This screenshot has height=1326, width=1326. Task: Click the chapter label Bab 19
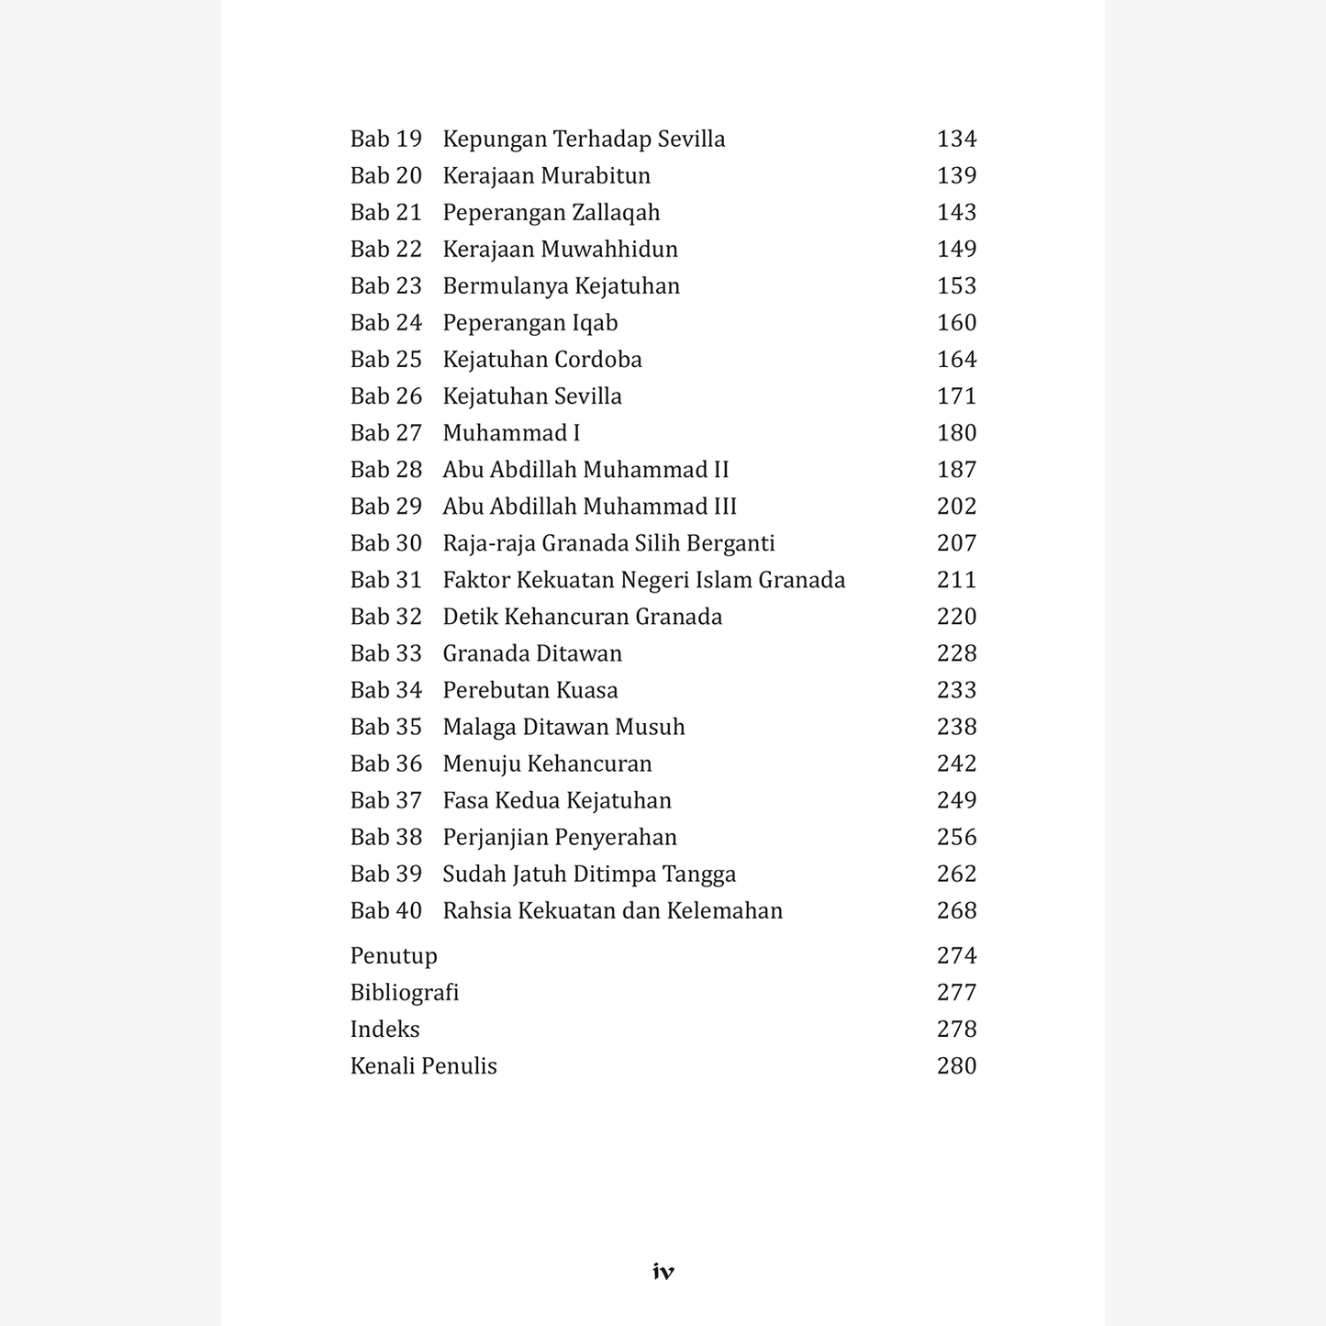pyautogui.click(x=385, y=139)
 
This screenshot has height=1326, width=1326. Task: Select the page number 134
pyautogui.click(x=956, y=139)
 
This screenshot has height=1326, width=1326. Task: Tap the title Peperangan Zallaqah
pyautogui.click(x=551, y=213)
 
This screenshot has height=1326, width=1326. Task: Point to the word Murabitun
pyautogui.click(x=596, y=176)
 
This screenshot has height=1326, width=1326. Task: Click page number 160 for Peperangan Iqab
pyautogui.click(x=956, y=323)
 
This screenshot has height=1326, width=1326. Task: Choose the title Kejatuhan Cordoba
pyautogui.click(x=541, y=360)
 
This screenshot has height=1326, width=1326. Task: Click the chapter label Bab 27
pyautogui.click(x=385, y=433)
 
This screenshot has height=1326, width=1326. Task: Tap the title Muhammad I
pyautogui.click(x=511, y=433)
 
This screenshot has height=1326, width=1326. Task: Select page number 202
pyautogui.click(x=956, y=507)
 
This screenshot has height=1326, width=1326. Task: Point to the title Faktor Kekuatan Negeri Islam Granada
pyautogui.click(x=643, y=580)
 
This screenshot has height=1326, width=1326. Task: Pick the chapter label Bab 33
pyautogui.click(x=385, y=653)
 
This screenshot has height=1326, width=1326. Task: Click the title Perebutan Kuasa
pyautogui.click(x=529, y=690)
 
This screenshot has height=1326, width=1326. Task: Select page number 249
pyautogui.click(x=956, y=800)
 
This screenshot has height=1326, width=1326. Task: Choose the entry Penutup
pyautogui.click(x=393, y=956)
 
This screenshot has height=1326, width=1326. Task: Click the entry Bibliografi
pyautogui.click(x=404, y=993)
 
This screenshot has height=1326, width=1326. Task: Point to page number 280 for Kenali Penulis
pyautogui.click(x=956, y=1066)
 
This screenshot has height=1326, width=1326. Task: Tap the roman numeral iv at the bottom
pyautogui.click(x=663, y=1272)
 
